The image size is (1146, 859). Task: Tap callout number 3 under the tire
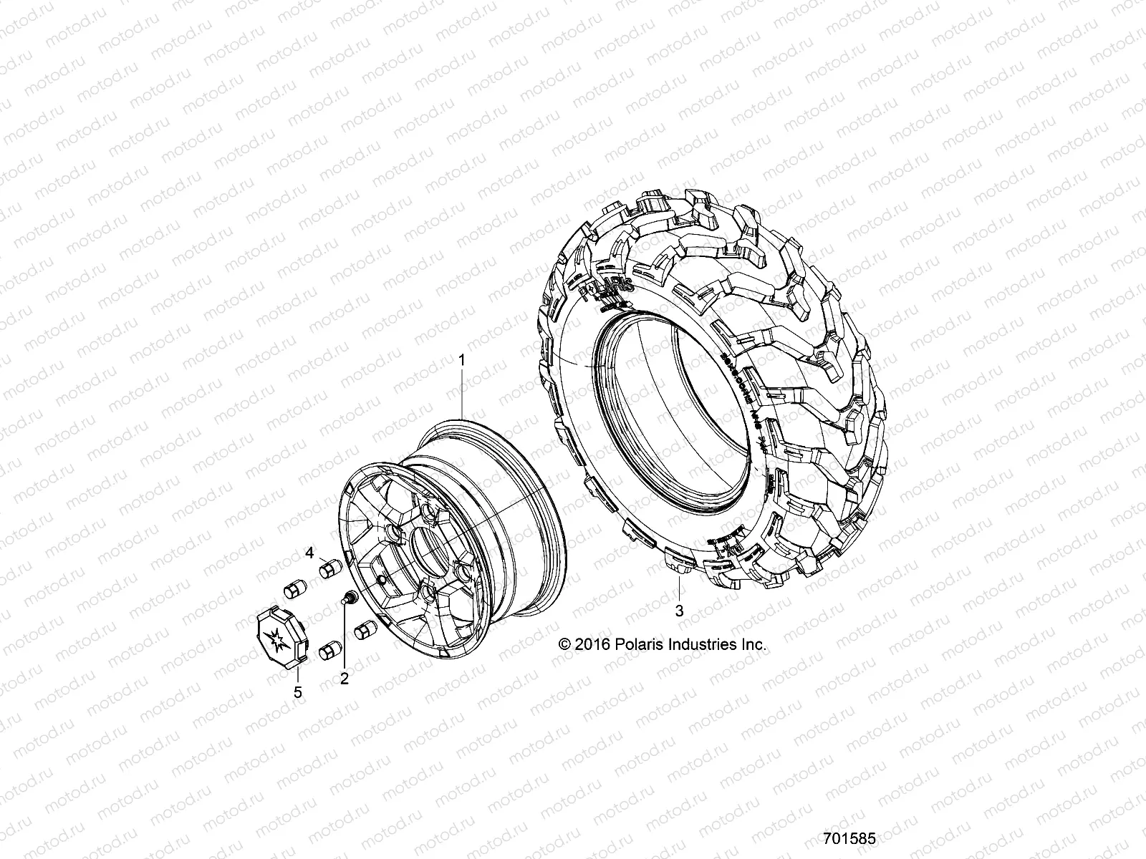679,611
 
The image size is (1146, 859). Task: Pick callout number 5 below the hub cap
298,691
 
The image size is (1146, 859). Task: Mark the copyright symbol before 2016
565,644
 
